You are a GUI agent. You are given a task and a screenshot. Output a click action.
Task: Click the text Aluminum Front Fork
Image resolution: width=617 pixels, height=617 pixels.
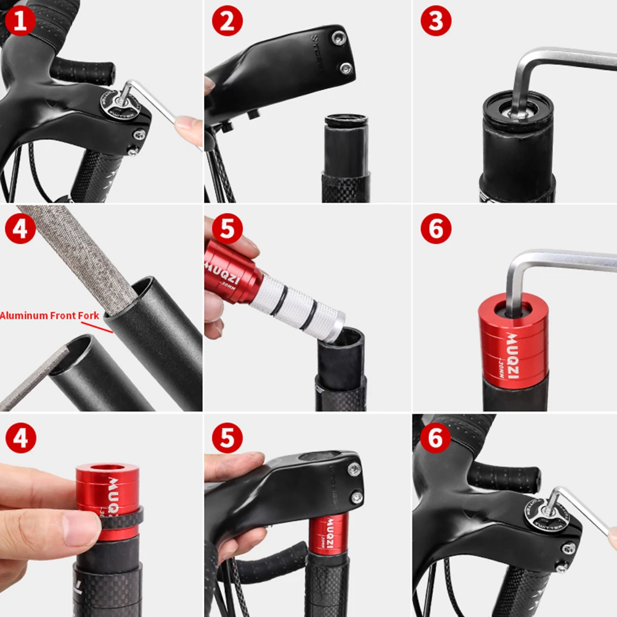[49, 316]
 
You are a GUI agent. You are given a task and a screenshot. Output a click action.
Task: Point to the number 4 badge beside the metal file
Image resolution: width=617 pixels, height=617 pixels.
[20, 229]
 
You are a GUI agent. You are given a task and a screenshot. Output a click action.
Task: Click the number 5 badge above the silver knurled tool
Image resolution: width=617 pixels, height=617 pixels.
[227, 229]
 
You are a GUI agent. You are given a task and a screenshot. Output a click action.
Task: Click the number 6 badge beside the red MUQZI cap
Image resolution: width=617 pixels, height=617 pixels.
[435, 229]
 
